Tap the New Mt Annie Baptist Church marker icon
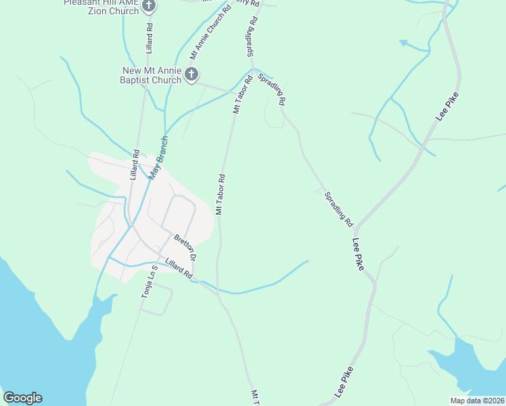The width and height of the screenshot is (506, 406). point(191,74)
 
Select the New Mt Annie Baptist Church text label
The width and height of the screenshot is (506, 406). point(152,75)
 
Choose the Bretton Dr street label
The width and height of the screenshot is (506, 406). point(185,248)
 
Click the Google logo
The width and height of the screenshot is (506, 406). point(22,398)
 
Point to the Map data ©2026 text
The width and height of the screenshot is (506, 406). point(477,401)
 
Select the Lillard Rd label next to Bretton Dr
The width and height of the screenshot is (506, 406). point(179,269)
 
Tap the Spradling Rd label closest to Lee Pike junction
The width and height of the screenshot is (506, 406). point(338,208)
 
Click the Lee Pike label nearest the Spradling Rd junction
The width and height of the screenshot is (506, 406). point(359,254)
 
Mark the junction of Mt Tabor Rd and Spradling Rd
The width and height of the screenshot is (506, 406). point(253,68)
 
